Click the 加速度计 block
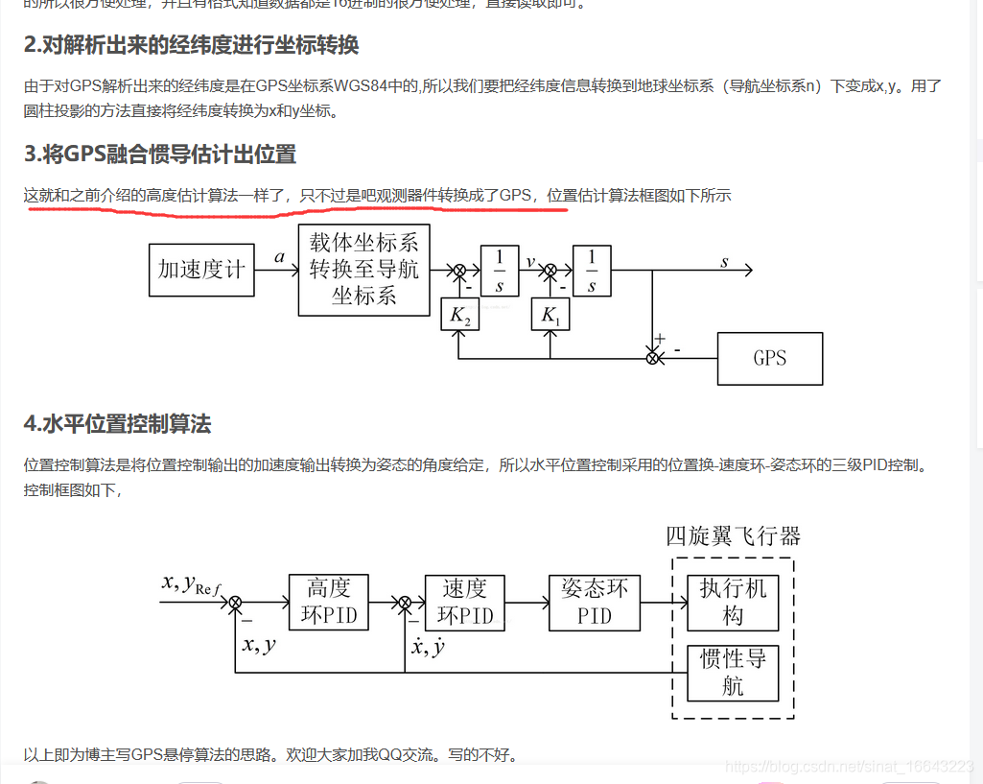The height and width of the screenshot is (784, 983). tap(201, 270)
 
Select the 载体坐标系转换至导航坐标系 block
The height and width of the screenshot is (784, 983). tap(363, 271)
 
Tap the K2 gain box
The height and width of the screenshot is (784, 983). tap(459, 315)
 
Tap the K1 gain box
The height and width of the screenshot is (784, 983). tap(550, 315)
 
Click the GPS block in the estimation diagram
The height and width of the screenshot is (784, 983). tap(769, 358)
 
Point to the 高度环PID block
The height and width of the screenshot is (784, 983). tap(328, 602)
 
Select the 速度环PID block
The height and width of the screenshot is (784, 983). tap(464, 602)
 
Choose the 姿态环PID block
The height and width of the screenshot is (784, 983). tap(594, 602)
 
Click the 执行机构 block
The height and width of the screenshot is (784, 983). tap(733, 602)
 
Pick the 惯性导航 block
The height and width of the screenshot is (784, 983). tap(733, 673)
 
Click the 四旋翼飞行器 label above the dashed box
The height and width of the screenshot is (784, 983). tap(733, 535)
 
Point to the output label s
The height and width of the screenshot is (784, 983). tap(724, 261)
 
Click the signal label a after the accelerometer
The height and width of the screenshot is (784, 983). tap(279, 257)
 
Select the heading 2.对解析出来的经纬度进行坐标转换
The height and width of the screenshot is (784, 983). tap(191, 45)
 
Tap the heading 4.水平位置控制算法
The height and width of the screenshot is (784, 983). tap(117, 423)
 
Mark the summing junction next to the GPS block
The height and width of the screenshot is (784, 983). tap(652, 358)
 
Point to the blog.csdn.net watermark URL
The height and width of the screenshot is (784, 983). tap(850, 766)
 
